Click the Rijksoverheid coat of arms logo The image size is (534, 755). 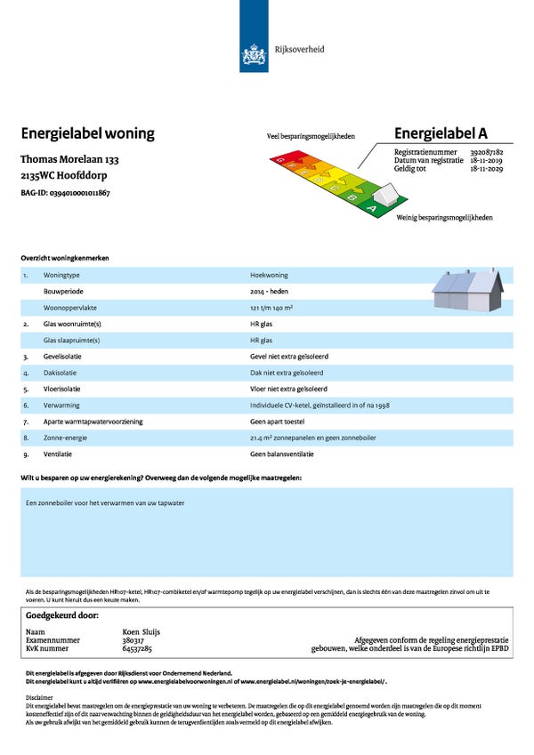point(255,54)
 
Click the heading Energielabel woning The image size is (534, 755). point(87,134)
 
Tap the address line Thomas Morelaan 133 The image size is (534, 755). point(69,160)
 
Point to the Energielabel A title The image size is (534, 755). point(441,134)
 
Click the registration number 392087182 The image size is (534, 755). point(486,153)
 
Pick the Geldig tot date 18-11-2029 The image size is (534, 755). point(486,168)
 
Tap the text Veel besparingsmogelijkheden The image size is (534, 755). point(311,137)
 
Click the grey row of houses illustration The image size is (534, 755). point(467,290)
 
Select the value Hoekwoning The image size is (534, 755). point(270,276)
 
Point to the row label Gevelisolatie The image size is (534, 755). point(63,356)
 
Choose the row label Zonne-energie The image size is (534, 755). point(63,438)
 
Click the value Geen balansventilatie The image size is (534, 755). point(282,454)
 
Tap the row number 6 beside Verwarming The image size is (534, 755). point(26,405)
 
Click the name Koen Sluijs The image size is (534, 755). point(141,631)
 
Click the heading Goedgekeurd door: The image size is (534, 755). point(62,614)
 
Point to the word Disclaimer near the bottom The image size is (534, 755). point(39,698)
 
